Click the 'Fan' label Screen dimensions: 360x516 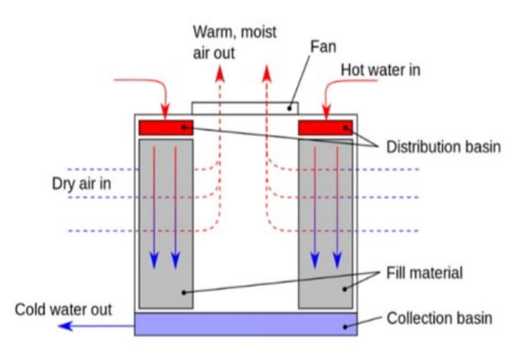(322, 47)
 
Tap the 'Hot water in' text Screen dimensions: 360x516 (380, 70)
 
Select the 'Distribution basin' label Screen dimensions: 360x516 (443, 147)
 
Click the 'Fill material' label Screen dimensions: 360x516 (425, 273)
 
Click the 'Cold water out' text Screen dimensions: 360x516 (64, 310)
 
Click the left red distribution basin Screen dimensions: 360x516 (166, 128)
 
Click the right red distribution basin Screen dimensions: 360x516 (325, 128)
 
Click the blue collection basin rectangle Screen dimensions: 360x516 (245, 324)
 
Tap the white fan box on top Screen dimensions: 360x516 (244, 108)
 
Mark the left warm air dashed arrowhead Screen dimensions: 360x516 (221, 71)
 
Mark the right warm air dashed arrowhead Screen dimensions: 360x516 (267, 71)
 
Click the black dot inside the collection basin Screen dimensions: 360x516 (345, 327)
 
